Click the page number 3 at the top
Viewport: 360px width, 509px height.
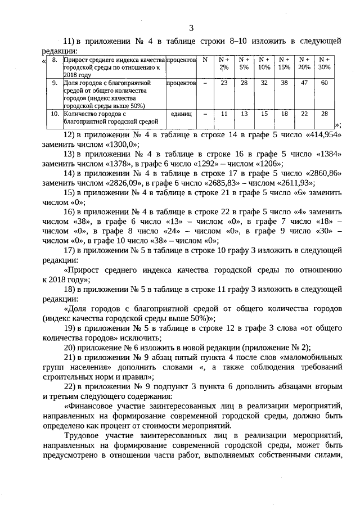click(191, 29)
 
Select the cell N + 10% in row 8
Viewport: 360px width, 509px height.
click(263, 63)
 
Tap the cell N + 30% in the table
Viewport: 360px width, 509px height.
click(324, 63)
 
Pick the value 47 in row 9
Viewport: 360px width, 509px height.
click(304, 83)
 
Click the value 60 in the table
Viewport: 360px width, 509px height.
click(324, 83)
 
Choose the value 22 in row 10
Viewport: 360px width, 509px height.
click(304, 114)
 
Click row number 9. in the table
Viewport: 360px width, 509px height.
click(55, 83)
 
